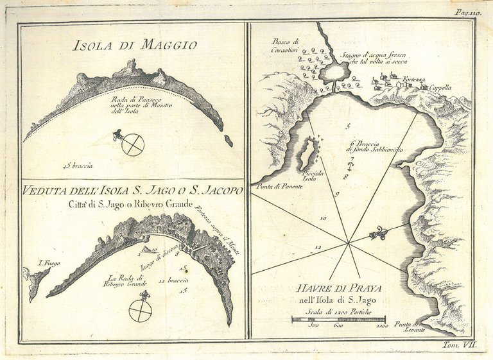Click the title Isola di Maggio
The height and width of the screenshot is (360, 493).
(x=135, y=45)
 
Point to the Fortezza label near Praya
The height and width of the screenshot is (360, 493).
(x=415, y=79)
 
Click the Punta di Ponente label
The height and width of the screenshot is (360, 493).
(x=275, y=186)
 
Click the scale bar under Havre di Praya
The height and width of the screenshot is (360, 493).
(x=338, y=318)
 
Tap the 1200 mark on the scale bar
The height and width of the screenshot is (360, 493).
(x=383, y=325)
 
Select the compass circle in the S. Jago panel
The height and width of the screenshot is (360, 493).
(x=140, y=311)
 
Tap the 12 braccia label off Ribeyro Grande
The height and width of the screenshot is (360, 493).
(x=169, y=281)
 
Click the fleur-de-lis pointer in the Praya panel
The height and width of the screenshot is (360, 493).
(x=378, y=234)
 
